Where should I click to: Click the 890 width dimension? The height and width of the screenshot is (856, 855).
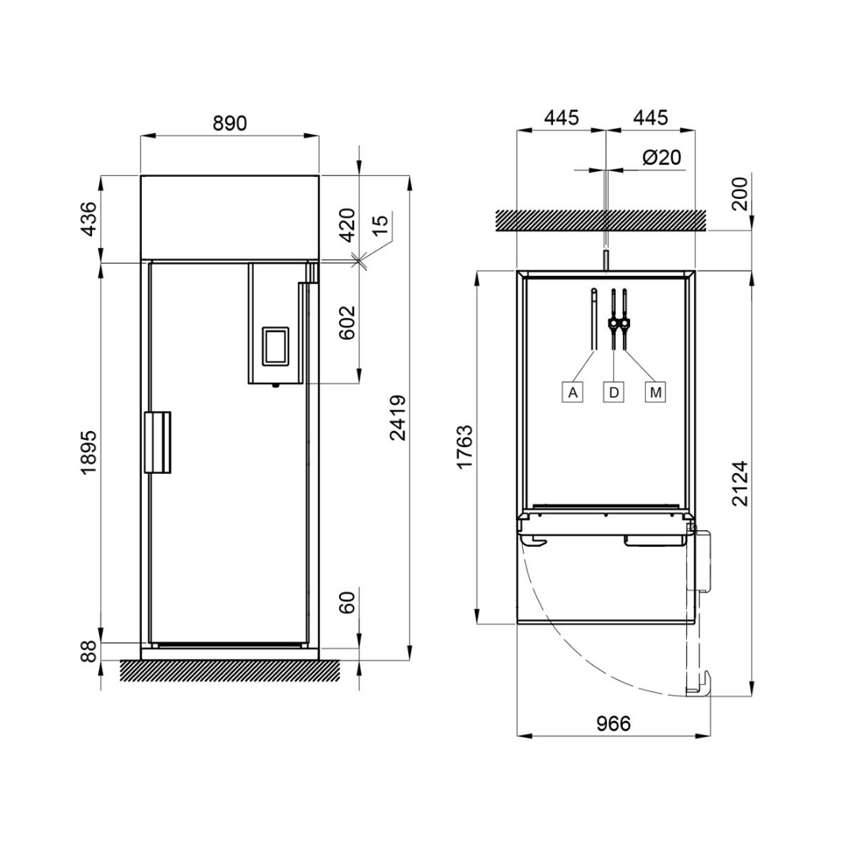[x=230, y=124]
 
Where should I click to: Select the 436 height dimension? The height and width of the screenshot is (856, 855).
[x=89, y=219]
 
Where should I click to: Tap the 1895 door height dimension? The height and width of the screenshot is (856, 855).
[x=89, y=452]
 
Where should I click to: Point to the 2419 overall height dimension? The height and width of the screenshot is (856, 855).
[x=398, y=418]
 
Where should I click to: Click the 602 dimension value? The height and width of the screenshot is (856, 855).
[x=348, y=323]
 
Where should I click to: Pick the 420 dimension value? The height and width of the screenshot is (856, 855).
[x=348, y=225]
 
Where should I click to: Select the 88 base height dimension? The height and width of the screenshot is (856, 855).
[x=89, y=652]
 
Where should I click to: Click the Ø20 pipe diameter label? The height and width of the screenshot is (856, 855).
[x=662, y=157]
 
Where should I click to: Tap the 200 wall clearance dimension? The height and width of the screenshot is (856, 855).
[x=740, y=194]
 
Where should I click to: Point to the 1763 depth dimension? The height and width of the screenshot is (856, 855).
[x=465, y=446]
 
